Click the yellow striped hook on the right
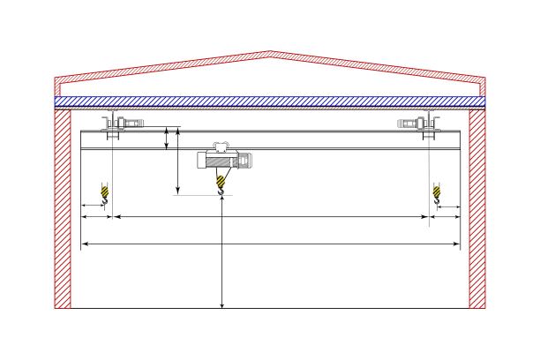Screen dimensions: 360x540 435,192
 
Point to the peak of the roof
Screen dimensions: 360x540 269,52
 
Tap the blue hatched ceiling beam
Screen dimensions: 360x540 269,101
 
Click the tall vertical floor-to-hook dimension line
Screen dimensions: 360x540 221,256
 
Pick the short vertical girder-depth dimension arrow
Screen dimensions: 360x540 168,138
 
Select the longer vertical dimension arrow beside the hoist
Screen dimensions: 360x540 178,163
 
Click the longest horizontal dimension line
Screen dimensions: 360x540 270,243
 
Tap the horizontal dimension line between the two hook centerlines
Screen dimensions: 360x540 270,215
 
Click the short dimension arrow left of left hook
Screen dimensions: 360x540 94,206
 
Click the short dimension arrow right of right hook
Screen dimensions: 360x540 447,206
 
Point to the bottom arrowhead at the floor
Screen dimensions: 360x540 221,304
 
